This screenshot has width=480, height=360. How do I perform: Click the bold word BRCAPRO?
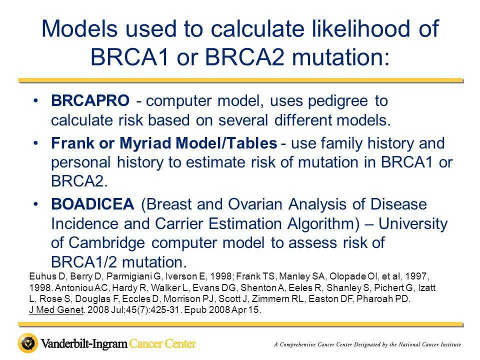click(90, 100)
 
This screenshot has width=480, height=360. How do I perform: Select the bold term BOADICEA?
click(92, 204)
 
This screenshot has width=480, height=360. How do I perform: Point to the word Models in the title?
click(79, 28)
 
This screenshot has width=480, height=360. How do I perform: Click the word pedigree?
click(337, 101)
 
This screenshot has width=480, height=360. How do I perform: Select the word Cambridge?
click(106, 243)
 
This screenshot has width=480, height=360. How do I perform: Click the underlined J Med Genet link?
click(56, 310)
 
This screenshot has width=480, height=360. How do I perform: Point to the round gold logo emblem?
click(28, 343)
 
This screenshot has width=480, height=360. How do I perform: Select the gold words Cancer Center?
click(162, 343)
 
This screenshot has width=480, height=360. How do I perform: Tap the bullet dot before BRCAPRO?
click(36, 100)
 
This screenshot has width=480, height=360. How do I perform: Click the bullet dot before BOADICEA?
click(36, 204)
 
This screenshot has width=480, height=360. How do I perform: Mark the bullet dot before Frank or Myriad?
click(36, 143)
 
